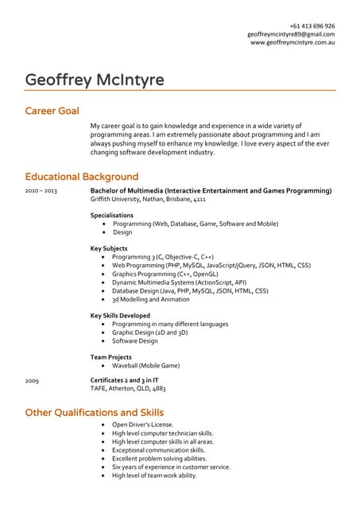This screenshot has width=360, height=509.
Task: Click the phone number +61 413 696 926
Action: [312, 25]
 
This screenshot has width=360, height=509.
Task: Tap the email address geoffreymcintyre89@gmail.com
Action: [291, 34]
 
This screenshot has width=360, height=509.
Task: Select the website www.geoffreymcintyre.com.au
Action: [292, 43]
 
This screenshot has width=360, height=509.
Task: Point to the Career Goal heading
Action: [52, 110]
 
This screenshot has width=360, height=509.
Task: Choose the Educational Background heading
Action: [81, 176]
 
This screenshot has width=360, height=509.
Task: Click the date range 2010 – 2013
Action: [41, 192]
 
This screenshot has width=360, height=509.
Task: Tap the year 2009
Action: [32, 382]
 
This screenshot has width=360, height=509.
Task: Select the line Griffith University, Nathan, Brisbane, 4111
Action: [148, 200]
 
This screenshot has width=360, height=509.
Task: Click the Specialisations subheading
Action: [112, 216]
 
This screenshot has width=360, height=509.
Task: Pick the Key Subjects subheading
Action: [110, 249]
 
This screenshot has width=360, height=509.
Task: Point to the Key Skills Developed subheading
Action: [120, 316]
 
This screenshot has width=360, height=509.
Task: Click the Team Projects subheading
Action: [111, 357]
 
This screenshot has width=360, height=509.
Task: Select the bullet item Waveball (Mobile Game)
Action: [145, 366]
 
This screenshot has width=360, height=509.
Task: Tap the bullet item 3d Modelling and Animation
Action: [151, 300]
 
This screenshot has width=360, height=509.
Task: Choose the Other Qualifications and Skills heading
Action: [95, 412]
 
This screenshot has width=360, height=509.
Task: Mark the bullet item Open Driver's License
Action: [143, 425]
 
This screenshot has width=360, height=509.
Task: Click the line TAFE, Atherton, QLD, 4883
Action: [128, 390]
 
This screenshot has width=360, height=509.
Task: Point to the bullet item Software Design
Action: [135, 341]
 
